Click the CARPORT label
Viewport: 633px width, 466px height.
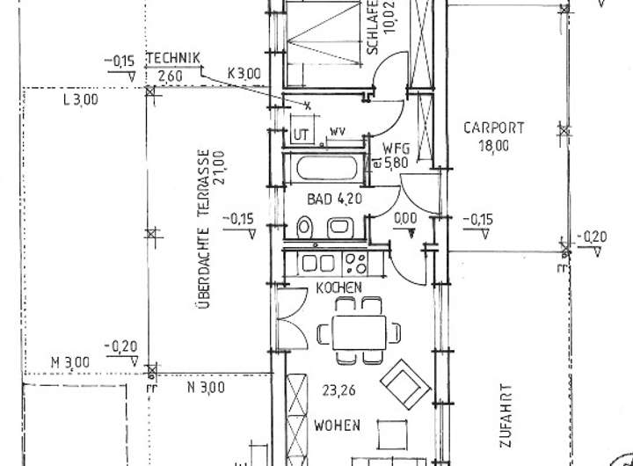[494, 128]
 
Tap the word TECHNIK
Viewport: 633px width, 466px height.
[173, 59]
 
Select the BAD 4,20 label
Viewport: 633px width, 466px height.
[329, 200]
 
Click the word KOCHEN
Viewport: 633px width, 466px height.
[338, 288]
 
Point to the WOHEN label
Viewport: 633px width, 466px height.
[337, 426]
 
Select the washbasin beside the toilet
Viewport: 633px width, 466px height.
[338, 228]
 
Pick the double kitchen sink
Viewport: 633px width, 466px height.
[318, 263]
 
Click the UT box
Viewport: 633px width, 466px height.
[302, 135]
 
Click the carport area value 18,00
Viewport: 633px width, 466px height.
[494, 147]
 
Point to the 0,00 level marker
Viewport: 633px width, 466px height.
[405, 218]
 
